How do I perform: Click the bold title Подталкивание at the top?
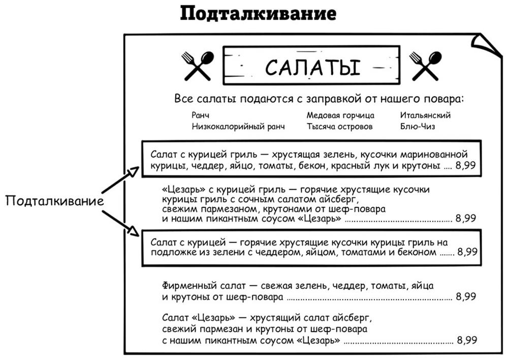coord(258,14)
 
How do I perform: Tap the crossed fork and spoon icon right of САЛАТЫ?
coord(426,66)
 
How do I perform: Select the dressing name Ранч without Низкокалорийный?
coord(201,115)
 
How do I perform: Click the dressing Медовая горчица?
coord(340,115)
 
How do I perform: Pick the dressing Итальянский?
coord(425,115)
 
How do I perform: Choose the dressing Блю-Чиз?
coord(418,127)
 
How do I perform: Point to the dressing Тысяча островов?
coord(339,127)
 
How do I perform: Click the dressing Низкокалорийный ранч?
coord(238,127)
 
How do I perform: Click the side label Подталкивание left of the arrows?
coord(54,201)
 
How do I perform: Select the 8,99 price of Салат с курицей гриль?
coord(466,166)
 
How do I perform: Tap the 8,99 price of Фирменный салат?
coord(466,296)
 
